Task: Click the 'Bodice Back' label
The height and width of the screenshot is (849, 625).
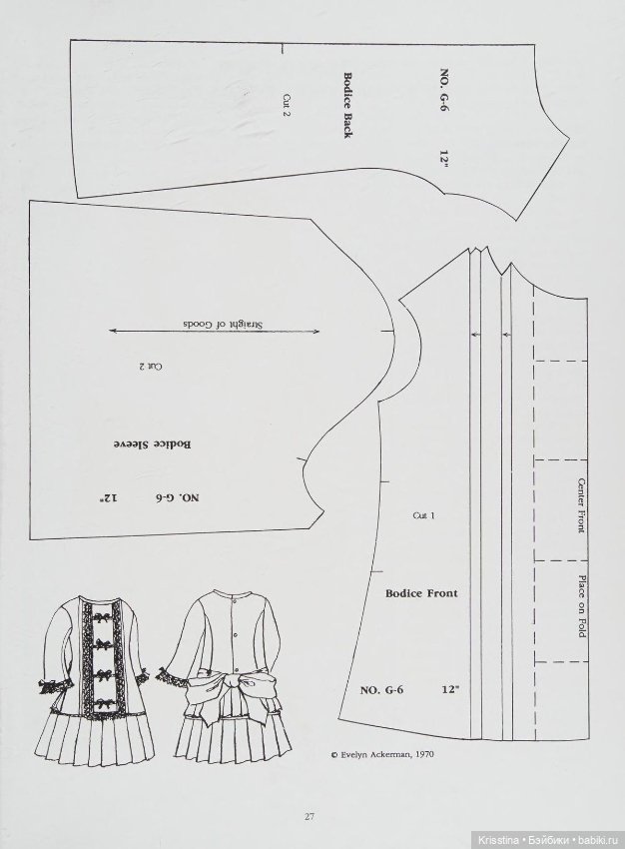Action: (x=346, y=105)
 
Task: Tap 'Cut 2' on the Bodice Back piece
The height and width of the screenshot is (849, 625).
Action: (x=286, y=104)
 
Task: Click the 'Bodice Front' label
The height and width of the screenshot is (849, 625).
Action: (x=421, y=593)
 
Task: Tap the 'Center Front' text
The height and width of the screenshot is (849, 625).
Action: (x=580, y=504)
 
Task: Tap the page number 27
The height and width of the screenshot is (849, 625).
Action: (x=311, y=816)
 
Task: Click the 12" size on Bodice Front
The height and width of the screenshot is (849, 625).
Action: (x=450, y=690)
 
